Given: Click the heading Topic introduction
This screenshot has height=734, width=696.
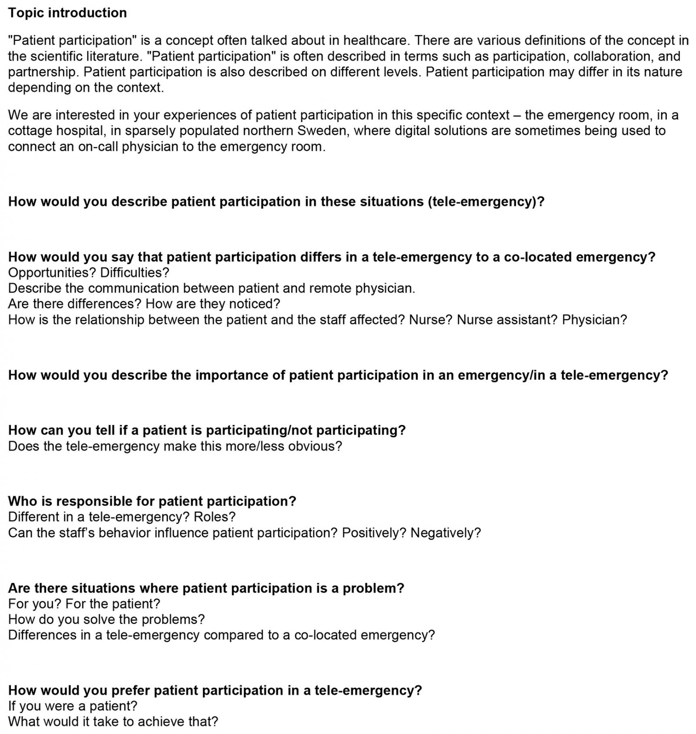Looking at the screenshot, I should click(67, 13).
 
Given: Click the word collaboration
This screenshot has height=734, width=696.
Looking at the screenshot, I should click(610, 56).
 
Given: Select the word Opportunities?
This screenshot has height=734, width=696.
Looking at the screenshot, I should click(52, 272).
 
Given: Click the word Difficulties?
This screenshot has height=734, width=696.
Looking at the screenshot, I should click(134, 272).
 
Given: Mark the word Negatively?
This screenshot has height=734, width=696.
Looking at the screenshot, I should click(445, 532).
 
